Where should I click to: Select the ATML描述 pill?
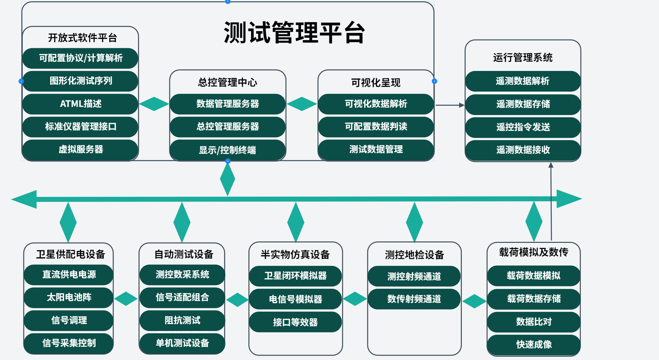point(80,104)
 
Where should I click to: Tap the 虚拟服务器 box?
point(80,149)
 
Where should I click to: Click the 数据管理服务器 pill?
point(227,104)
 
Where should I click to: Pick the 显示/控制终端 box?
point(227,150)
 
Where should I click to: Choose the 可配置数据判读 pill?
point(376,127)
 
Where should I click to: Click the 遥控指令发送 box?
point(523,127)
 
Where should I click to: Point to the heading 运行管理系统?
point(523,58)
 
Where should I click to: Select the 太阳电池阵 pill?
point(69,297)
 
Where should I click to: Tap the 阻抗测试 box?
point(182,320)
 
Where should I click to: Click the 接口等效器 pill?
point(295,322)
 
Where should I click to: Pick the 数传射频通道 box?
point(414,299)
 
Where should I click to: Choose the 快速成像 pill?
point(534,345)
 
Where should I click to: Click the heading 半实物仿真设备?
point(295,255)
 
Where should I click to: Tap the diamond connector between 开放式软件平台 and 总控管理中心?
point(154,104)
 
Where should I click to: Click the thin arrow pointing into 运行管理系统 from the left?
point(450,105)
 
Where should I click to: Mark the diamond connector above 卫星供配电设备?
point(68,222)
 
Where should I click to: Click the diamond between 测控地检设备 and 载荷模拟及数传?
point(474,301)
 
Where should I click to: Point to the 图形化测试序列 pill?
point(80,81)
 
